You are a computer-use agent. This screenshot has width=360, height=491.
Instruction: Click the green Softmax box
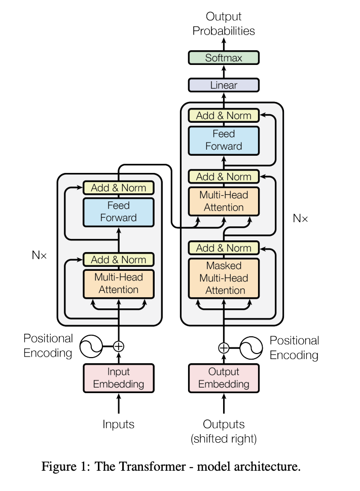224,58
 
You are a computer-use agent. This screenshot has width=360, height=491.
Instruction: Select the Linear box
224,85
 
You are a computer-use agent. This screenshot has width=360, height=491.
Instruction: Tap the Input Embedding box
118,378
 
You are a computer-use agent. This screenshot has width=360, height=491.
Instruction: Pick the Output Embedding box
224,378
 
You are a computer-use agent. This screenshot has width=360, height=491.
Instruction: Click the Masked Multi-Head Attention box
224,278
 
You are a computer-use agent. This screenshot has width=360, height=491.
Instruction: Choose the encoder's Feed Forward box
118,212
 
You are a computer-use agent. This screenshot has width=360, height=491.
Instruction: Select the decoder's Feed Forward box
224,141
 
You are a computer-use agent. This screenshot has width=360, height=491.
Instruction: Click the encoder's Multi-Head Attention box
118,284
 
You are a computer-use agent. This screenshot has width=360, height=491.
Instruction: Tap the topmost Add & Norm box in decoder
224,116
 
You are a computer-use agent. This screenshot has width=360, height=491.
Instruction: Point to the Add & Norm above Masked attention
224,248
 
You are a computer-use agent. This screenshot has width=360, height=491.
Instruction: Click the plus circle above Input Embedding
118,346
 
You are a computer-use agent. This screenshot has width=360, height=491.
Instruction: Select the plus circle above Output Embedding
224,348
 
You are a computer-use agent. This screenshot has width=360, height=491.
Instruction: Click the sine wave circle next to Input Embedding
91,346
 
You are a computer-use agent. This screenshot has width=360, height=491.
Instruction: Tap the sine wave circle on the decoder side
251,348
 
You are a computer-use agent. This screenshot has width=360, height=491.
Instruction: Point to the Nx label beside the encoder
39,255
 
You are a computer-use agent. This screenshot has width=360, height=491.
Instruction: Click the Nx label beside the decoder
300,218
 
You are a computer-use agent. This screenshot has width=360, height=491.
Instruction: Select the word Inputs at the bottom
118,425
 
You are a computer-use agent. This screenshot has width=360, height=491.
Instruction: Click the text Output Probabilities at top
224,23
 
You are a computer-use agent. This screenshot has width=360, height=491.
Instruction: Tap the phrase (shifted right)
224,439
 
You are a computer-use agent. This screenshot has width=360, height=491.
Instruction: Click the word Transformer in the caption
140,466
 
